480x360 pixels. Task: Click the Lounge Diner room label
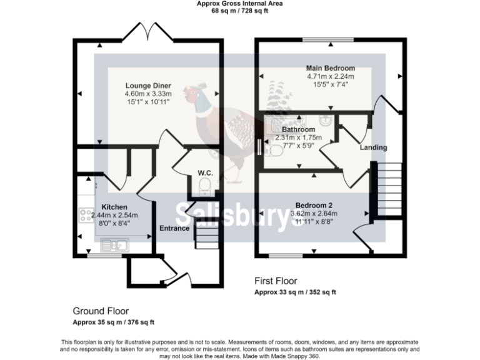(x=148, y=86)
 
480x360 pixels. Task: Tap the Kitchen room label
(x=114, y=207)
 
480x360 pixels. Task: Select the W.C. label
(x=204, y=172)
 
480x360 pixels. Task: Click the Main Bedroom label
(x=330, y=68)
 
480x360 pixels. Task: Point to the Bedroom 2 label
(x=314, y=206)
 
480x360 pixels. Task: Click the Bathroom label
(x=298, y=129)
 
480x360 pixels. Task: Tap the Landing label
(x=374, y=147)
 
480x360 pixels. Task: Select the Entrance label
(x=174, y=228)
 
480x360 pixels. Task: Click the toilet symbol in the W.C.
(x=204, y=186)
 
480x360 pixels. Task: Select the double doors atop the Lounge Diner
(x=148, y=31)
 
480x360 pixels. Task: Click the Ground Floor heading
(x=101, y=311)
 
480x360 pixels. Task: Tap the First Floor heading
(x=276, y=281)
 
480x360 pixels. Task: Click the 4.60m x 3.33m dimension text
(x=148, y=94)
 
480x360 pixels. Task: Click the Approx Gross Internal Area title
(x=239, y=4)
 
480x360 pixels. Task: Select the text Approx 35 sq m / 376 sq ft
(x=113, y=322)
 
